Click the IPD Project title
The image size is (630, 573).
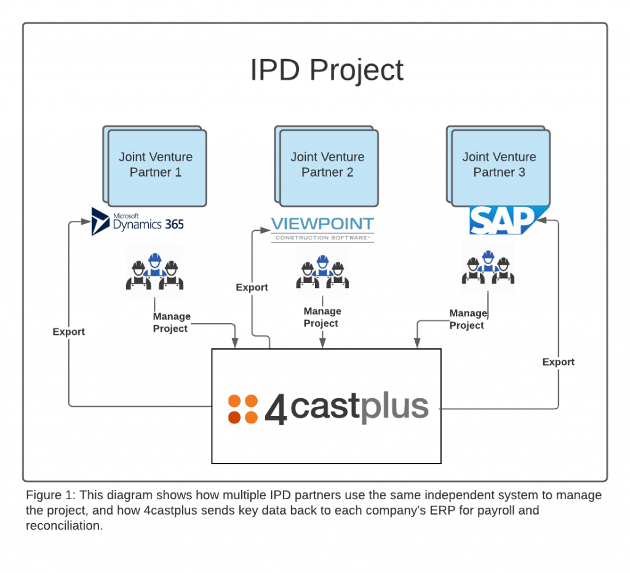point(327,70)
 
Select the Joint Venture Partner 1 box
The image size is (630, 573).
point(156,165)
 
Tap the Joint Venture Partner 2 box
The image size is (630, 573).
point(327,165)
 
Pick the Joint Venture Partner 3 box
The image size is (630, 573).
point(499,165)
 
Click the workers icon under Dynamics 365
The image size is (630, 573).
point(154,271)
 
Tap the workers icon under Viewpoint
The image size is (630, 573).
point(322,271)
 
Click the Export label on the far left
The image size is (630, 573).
point(68,332)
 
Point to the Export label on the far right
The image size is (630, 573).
point(558,362)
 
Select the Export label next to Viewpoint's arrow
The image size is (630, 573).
point(252,287)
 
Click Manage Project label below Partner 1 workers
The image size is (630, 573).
point(171,323)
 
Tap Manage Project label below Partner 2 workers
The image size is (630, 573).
point(322,318)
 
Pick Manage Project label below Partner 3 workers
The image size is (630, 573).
point(468,319)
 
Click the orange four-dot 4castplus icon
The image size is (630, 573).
point(243,409)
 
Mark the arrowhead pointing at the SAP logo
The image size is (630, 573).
point(553,221)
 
